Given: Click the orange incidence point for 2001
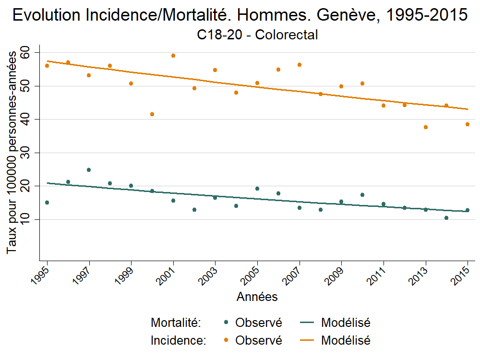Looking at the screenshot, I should click(173, 56).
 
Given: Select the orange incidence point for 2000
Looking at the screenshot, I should click(152, 114).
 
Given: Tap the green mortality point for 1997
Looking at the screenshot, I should click(89, 170).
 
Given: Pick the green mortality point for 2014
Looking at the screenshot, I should click(446, 218).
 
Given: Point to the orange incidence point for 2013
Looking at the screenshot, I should click(425, 127).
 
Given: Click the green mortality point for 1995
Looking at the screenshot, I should click(47, 203).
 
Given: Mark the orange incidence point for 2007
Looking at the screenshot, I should click(300, 65).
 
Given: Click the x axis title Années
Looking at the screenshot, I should click(257, 297).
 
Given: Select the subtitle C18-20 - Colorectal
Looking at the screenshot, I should click(257, 35).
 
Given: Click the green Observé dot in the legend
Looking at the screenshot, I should click(226, 323).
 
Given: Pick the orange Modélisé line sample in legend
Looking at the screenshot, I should click(307, 340).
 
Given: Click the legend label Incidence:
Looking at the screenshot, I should click(178, 340).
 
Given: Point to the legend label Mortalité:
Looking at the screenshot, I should click(175, 323).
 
